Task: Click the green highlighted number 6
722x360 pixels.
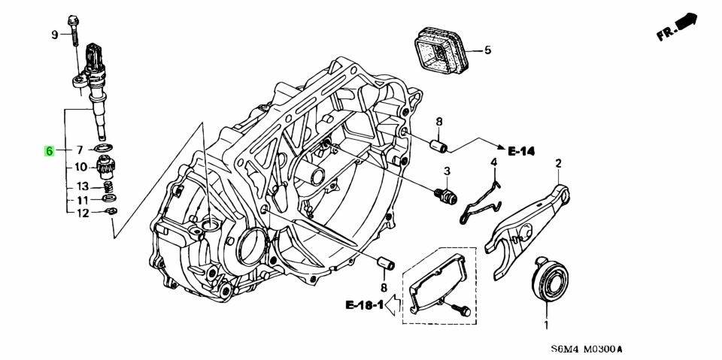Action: pos(49,151)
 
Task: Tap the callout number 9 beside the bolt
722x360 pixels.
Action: pos(54,35)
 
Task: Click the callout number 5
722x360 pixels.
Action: pos(487,51)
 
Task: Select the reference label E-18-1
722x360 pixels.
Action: pos(364,305)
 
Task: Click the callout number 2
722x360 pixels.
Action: pos(558,163)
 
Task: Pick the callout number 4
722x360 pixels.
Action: pos(494,162)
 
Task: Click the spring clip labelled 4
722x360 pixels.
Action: pos(481,199)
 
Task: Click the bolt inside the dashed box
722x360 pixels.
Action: pos(461,309)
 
